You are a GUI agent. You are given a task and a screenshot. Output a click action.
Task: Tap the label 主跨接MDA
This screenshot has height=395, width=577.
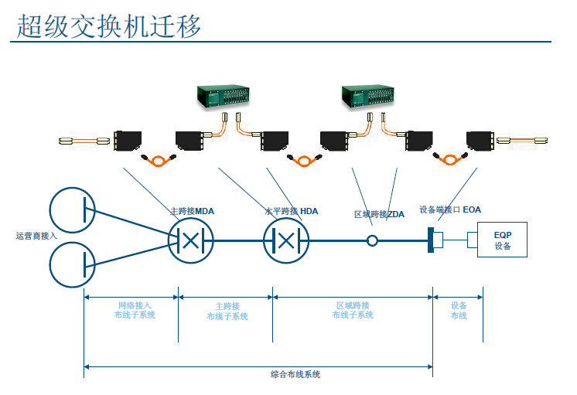192,211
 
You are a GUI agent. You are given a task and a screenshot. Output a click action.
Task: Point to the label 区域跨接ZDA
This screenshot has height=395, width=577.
379,214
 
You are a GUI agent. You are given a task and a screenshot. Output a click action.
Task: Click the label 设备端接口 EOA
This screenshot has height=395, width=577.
450,209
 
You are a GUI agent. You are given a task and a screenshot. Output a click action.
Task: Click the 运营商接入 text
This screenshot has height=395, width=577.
36,236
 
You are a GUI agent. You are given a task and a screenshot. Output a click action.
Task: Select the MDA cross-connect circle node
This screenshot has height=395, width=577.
190,240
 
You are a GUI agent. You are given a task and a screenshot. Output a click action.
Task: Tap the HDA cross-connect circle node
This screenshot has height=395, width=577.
285,240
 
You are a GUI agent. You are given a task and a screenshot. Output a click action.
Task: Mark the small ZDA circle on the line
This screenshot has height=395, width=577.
372,241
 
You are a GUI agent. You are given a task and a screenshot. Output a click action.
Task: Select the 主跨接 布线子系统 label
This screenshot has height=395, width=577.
227,311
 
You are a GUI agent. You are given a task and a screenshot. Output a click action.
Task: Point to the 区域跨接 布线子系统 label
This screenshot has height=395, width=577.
353,310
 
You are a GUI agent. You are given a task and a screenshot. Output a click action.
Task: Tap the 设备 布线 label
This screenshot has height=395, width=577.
459,310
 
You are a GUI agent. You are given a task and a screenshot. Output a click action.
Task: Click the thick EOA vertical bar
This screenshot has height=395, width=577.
430,240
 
